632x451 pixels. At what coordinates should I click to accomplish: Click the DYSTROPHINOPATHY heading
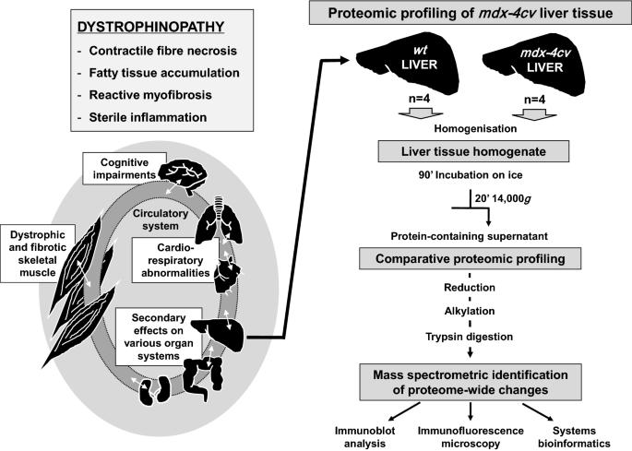[x=150, y=27]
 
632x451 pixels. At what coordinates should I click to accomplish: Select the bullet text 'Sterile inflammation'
[x=148, y=117]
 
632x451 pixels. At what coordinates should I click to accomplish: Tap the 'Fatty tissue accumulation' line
[x=164, y=73]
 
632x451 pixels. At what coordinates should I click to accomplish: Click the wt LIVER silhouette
[x=408, y=66]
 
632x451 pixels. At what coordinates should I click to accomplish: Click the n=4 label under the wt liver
[x=419, y=99]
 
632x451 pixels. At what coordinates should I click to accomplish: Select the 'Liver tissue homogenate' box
[x=473, y=151]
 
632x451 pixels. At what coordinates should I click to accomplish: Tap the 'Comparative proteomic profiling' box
[x=470, y=258]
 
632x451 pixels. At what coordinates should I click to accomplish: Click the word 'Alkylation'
[x=470, y=311]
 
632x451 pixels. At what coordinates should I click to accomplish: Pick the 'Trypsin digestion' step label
[x=470, y=337]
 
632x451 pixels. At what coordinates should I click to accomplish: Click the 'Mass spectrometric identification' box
[x=471, y=382]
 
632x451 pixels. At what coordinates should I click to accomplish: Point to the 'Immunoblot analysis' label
[x=364, y=437]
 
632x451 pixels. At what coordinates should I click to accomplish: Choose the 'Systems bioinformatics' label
[x=574, y=437]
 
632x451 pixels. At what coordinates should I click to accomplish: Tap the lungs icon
[x=219, y=220]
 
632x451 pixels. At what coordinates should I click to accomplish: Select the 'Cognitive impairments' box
[x=125, y=169]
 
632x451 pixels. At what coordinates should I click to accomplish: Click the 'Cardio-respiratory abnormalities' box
[x=175, y=260]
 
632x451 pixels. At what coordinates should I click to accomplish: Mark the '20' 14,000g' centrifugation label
[x=503, y=198]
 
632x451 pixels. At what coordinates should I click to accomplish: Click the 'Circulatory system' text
[x=161, y=220]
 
